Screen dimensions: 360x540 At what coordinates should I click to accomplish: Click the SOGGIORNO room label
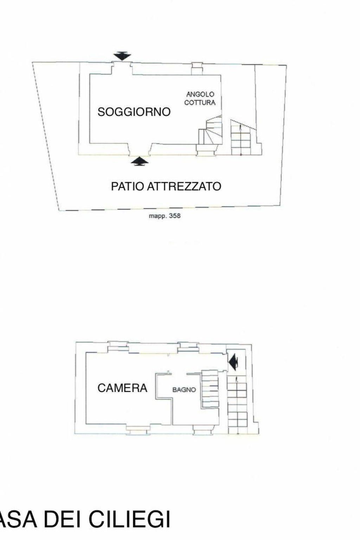point(134,112)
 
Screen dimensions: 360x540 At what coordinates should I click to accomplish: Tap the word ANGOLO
point(200,94)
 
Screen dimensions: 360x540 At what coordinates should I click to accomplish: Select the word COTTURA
point(200,102)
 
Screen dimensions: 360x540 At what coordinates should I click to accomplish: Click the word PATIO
point(127,187)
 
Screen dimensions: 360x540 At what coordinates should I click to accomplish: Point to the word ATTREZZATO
point(184,187)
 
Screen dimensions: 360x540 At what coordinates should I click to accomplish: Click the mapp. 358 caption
point(165,216)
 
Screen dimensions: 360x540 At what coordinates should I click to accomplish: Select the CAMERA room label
point(122,388)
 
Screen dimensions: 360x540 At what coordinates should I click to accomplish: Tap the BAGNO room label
point(184,390)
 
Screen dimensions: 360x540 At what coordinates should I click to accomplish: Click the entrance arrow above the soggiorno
point(123,56)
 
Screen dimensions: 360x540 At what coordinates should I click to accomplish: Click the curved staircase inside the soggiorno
point(209,134)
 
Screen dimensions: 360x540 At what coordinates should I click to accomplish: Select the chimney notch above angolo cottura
point(197,69)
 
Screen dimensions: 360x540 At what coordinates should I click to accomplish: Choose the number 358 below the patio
point(175,216)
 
